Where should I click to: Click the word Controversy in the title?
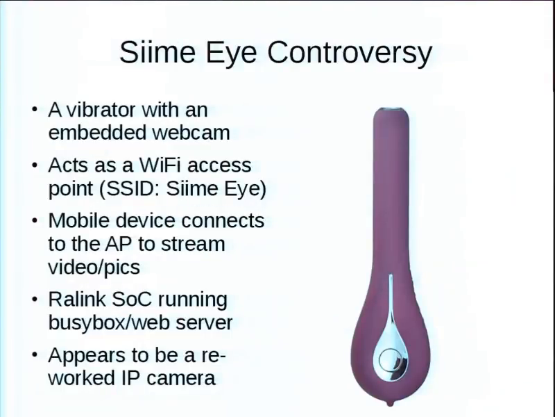tap(350, 53)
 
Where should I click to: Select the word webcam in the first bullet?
tap(191, 133)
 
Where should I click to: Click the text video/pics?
tap(94, 267)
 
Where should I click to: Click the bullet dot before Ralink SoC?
tap(34, 300)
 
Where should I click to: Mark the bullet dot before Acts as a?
tap(34, 165)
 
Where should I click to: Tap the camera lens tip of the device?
tap(391, 110)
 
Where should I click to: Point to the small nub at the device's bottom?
tap(390, 403)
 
